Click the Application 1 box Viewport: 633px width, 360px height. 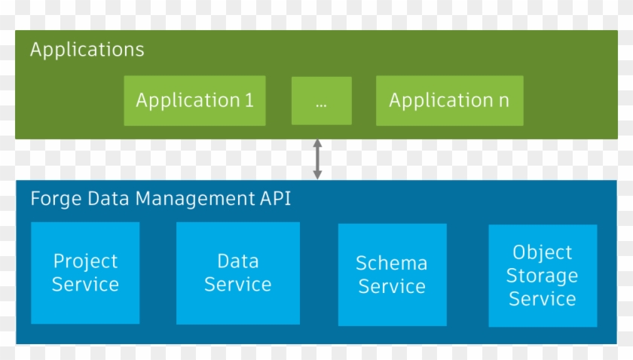click(x=194, y=100)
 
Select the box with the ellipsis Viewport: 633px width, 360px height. click(x=321, y=100)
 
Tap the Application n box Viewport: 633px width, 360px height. click(x=449, y=100)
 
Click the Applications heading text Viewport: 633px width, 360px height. click(x=87, y=50)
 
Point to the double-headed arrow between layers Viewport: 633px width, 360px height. click(x=317, y=159)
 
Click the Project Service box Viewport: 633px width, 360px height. click(x=85, y=273)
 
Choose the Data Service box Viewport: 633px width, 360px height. click(x=237, y=273)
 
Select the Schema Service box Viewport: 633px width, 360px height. click(x=392, y=275)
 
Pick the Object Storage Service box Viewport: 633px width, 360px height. click(x=542, y=275)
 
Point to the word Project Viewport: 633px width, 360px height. click(x=85, y=261)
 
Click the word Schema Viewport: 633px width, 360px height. click(x=392, y=264)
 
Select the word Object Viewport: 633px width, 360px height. click(x=542, y=252)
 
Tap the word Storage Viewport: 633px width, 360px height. click(x=542, y=276)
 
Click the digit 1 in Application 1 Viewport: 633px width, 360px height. click(x=249, y=100)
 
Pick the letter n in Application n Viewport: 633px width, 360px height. click(x=503, y=101)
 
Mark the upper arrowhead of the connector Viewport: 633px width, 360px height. click(x=317, y=143)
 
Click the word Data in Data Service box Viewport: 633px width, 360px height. click(x=237, y=261)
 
